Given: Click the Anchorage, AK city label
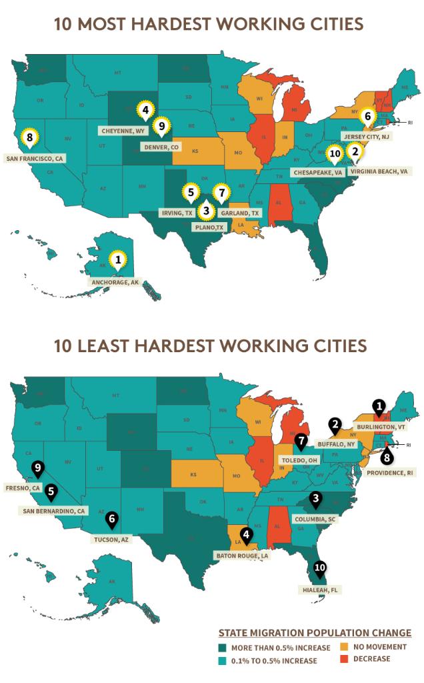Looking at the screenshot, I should pyautogui.click(x=115, y=282).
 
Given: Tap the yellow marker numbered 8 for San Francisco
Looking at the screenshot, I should pyautogui.click(x=27, y=137).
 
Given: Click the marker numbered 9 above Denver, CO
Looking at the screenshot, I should pyautogui.click(x=159, y=125).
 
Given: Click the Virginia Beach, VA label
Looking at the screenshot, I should pyautogui.click(x=376, y=171).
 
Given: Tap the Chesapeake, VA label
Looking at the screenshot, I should pyautogui.click(x=318, y=172).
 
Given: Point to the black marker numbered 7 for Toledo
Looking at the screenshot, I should pyautogui.click(x=302, y=441).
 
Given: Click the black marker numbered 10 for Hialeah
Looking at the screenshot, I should pyautogui.click(x=320, y=569).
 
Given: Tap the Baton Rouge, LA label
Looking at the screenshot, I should pyautogui.click(x=242, y=554).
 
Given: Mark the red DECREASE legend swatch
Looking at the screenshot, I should pyautogui.click(x=345, y=659).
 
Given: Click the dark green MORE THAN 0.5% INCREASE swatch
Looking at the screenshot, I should pyautogui.click(x=222, y=648).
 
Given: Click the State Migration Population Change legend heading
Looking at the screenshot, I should pyautogui.click(x=315, y=632).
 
